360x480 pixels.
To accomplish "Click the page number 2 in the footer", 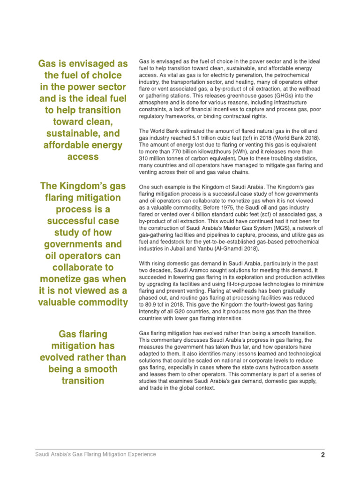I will pos(322,455).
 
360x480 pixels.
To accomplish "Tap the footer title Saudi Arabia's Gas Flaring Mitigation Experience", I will pos(96,454).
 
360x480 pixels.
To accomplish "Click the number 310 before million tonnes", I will pos(145,159).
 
